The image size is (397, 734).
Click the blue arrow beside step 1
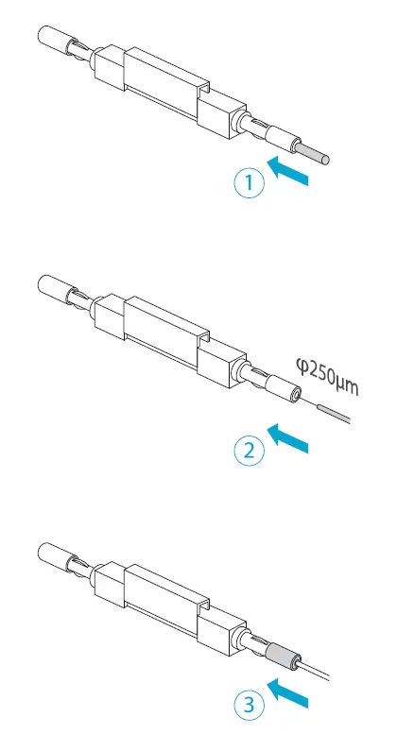289,172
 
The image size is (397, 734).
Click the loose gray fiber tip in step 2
334,411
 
